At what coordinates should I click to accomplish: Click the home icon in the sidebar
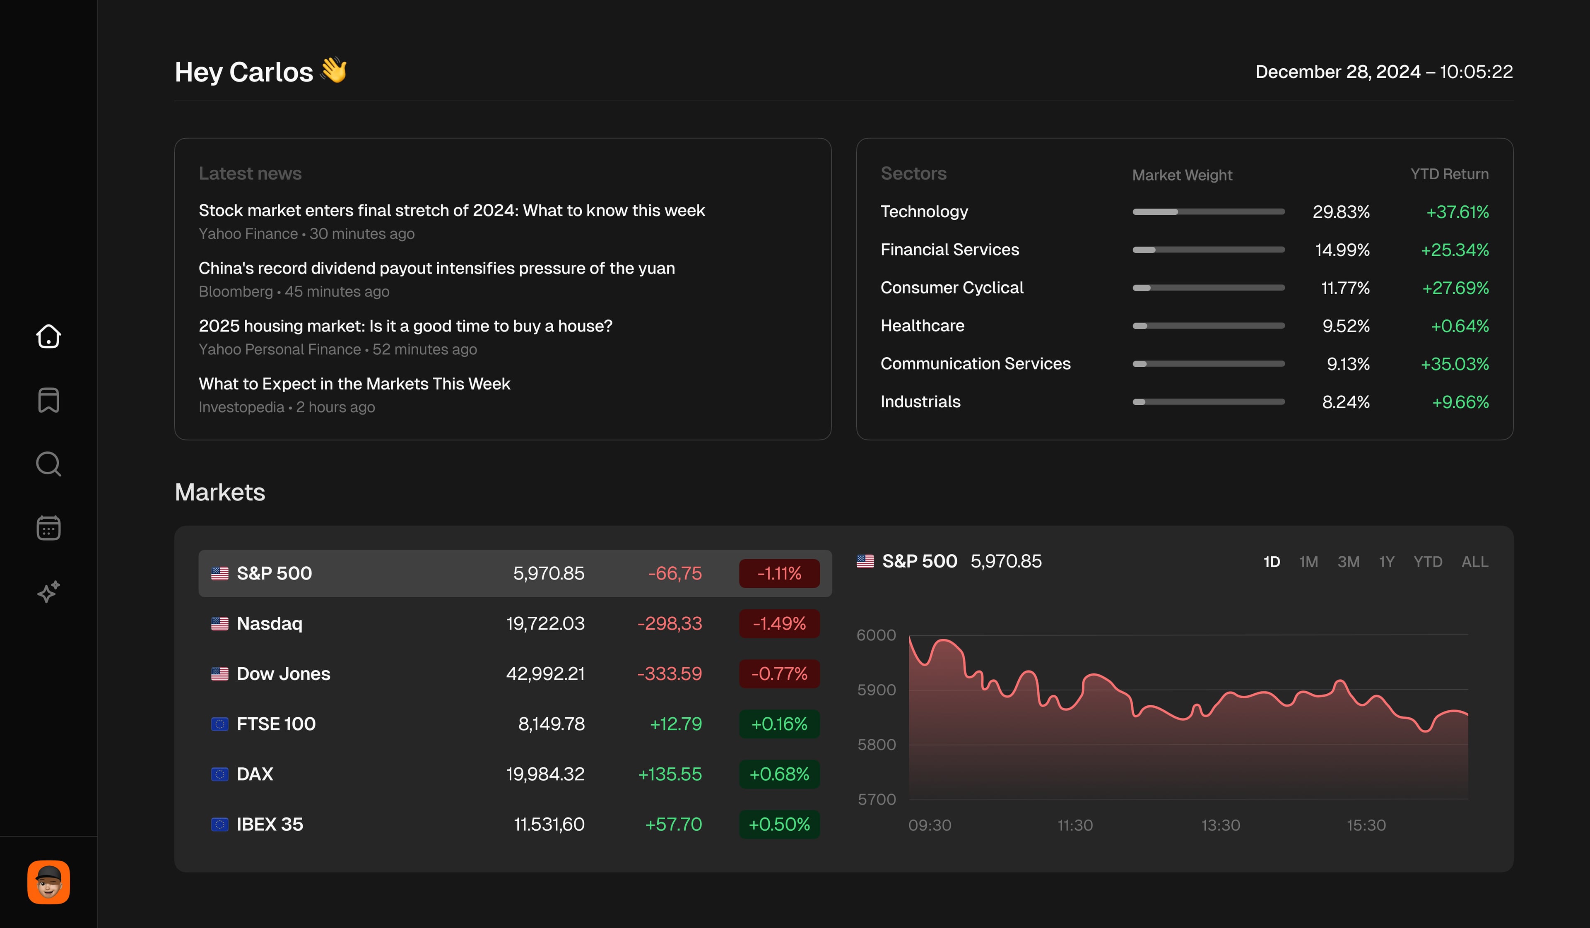48,336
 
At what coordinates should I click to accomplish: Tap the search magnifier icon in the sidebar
48,464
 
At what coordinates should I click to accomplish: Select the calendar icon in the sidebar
48,528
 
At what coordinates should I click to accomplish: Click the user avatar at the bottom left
48,882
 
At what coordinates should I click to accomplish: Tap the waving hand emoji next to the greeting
334,70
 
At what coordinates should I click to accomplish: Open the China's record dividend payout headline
436,268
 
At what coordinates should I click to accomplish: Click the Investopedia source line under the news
287,408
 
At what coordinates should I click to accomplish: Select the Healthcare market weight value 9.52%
1346,326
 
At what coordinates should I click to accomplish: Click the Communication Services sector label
976,364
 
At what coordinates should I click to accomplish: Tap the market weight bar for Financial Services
1208,250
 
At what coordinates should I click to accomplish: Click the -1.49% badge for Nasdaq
779,624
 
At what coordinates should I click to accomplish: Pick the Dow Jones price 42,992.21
545,674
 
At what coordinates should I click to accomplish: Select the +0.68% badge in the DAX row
779,774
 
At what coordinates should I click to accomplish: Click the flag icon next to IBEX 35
219,825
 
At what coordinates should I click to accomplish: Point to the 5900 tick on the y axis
877,690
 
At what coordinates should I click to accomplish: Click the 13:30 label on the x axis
1220,825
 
